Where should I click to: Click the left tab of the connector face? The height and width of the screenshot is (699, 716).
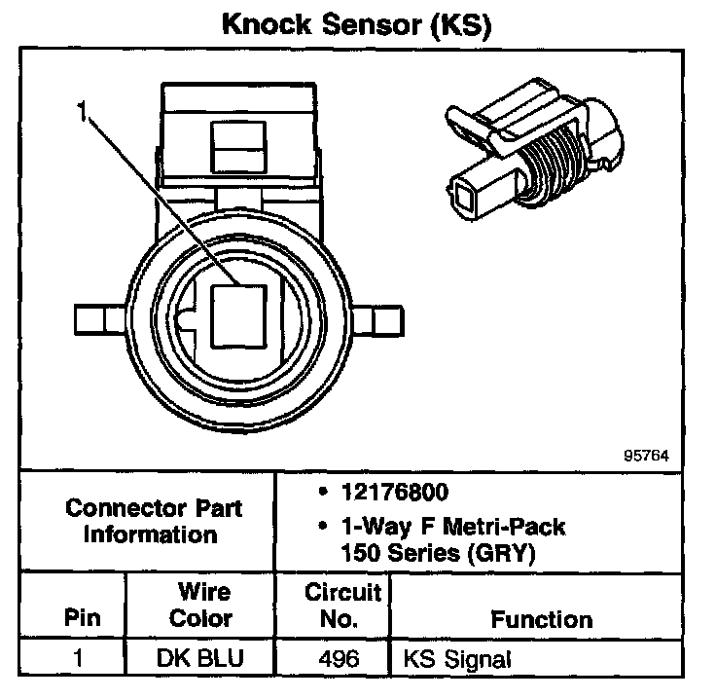pos(101,318)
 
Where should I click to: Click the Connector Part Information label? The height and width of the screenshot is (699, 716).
pos(154,521)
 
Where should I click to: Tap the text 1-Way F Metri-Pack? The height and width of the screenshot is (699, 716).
pos(451,527)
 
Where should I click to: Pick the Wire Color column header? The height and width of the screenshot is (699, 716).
pos(201,605)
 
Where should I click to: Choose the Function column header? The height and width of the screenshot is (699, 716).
pos(541,619)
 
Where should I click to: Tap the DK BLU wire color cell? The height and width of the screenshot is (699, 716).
pos(201,659)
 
